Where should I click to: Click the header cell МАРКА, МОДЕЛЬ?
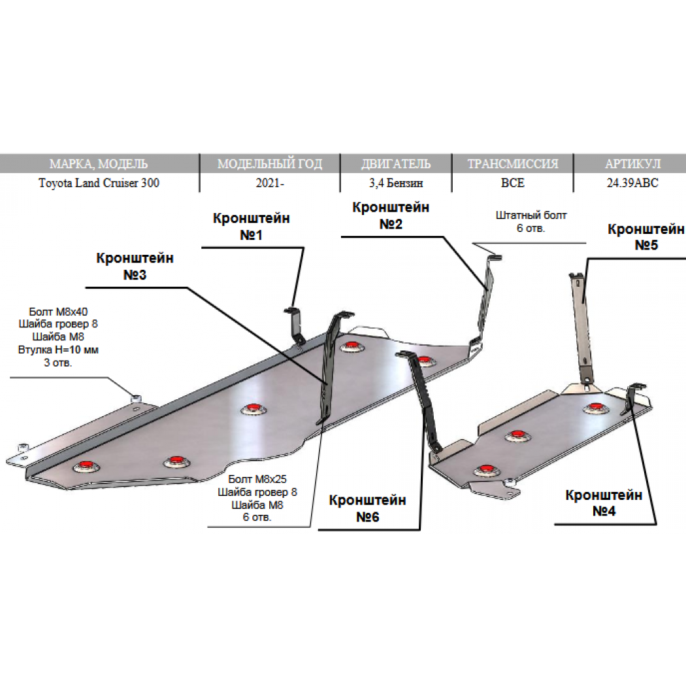point(99,163)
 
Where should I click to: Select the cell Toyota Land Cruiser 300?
point(99,183)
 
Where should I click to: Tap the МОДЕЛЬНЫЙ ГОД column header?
point(269,163)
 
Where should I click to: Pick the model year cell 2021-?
point(269,183)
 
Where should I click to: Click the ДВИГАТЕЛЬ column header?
point(395,163)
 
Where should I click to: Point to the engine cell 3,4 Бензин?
point(395,183)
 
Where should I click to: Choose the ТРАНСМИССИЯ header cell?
point(513,163)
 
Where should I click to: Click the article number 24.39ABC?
point(632,183)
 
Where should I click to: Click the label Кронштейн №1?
point(251,227)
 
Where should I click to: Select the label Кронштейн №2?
point(391,216)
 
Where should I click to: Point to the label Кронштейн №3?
point(135,267)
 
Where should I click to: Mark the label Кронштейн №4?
point(604,502)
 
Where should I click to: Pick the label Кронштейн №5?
point(645,237)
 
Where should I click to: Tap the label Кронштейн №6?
point(367,508)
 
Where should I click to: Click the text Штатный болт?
point(531,215)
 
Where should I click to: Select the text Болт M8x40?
point(58,312)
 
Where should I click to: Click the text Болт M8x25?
point(257,479)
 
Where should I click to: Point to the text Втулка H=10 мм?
point(58,350)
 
